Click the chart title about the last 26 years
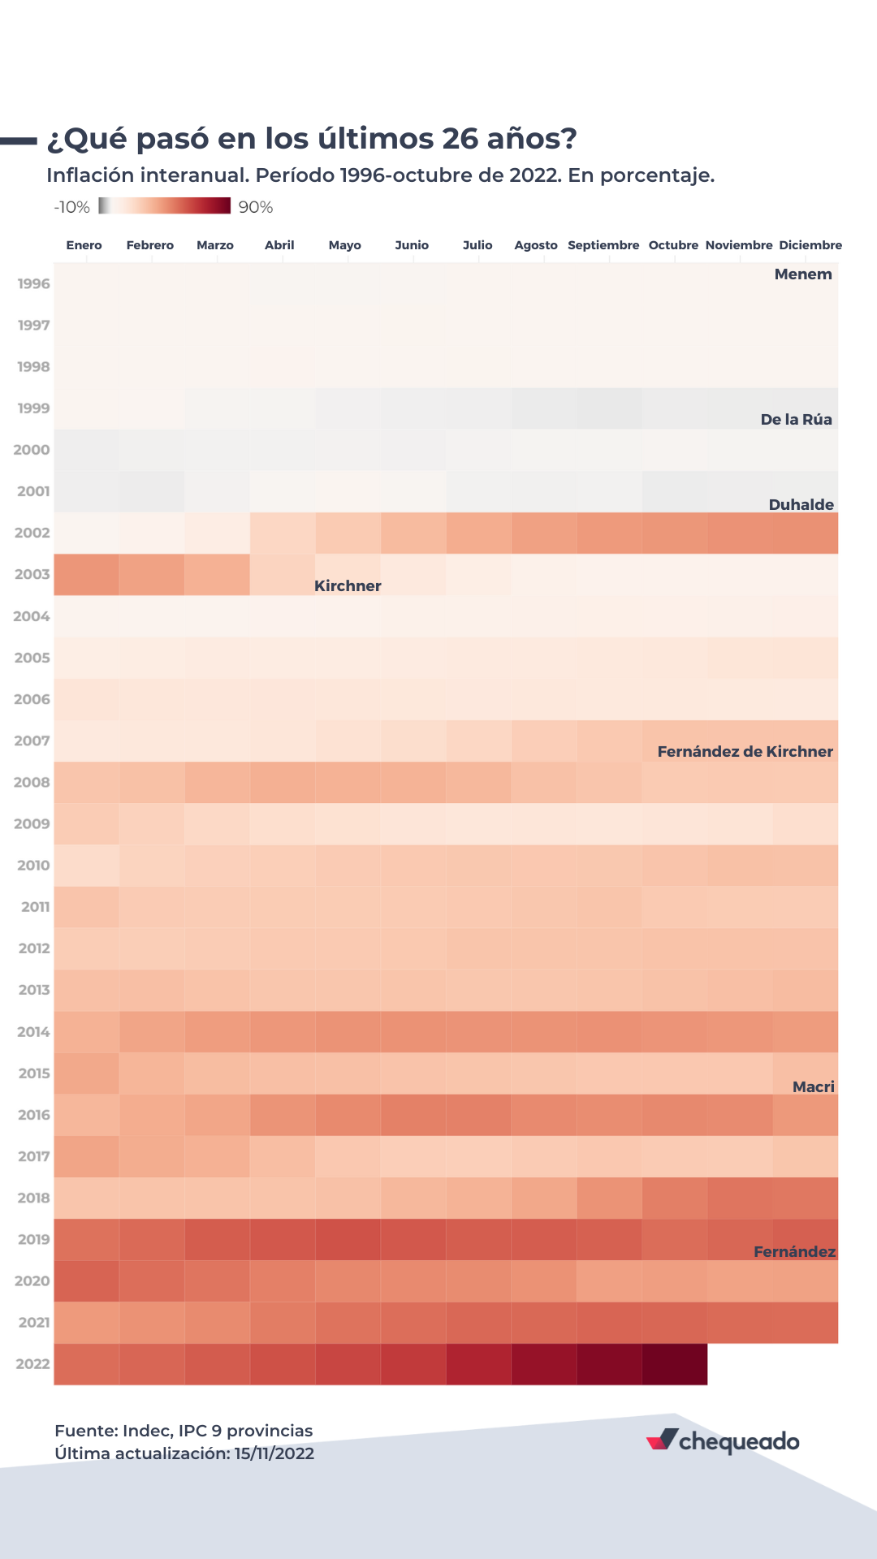pos(312,139)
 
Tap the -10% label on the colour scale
pos(71,207)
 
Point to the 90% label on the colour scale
pos(256,207)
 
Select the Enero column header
pos(84,245)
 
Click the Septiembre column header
pos(603,245)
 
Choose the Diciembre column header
pos(810,245)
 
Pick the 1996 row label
pos(34,284)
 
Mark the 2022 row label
pos(33,1364)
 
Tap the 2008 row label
pos(32,783)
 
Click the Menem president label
pos(803,274)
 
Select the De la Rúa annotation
pos(796,420)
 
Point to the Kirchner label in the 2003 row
pos(348,586)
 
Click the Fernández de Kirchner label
pos(745,752)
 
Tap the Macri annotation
pos(813,1087)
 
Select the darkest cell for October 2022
pos(674,1364)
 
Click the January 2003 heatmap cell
pos(86,575)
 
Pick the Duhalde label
pos(801,505)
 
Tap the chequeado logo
pos(723,1441)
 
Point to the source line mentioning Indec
pos(184,1431)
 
